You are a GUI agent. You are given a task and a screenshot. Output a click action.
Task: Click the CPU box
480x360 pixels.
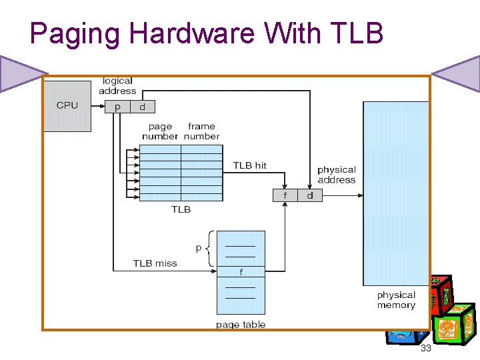pyautogui.click(x=67, y=106)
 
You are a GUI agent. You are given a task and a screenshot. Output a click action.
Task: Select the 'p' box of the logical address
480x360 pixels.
pyautogui.click(x=118, y=107)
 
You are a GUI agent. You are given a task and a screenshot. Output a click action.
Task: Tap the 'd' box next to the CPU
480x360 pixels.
pyautogui.click(x=142, y=107)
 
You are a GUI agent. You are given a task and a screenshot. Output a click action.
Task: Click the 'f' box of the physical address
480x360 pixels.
pyautogui.click(x=285, y=195)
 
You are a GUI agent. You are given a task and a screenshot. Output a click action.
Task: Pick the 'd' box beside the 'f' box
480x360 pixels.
pyautogui.click(x=310, y=195)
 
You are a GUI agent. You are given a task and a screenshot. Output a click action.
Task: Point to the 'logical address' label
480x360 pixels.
pyautogui.click(x=117, y=86)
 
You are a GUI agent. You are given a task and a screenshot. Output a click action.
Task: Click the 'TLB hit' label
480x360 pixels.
pyautogui.click(x=250, y=165)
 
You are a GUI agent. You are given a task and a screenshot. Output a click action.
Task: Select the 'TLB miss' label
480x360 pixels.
pyautogui.click(x=155, y=263)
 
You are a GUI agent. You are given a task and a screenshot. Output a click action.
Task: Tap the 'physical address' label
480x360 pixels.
pyautogui.click(x=337, y=175)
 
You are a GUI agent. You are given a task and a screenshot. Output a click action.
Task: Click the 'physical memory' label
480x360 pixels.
pyautogui.click(x=396, y=300)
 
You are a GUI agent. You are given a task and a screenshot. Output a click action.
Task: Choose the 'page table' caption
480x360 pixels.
pyautogui.click(x=241, y=325)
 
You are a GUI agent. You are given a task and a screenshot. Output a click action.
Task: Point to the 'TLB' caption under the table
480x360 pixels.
pyautogui.click(x=181, y=209)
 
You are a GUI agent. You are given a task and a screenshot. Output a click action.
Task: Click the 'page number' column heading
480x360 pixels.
pyautogui.click(x=160, y=131)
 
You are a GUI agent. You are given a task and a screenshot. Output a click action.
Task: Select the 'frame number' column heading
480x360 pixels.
pyautogui.click(x=202, y=131)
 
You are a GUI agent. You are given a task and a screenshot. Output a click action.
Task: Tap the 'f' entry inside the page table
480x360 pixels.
pyautogui.click(x=241, y=272)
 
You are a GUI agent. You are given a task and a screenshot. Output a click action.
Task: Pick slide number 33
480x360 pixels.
pyautogui.click(x=426, y=349)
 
